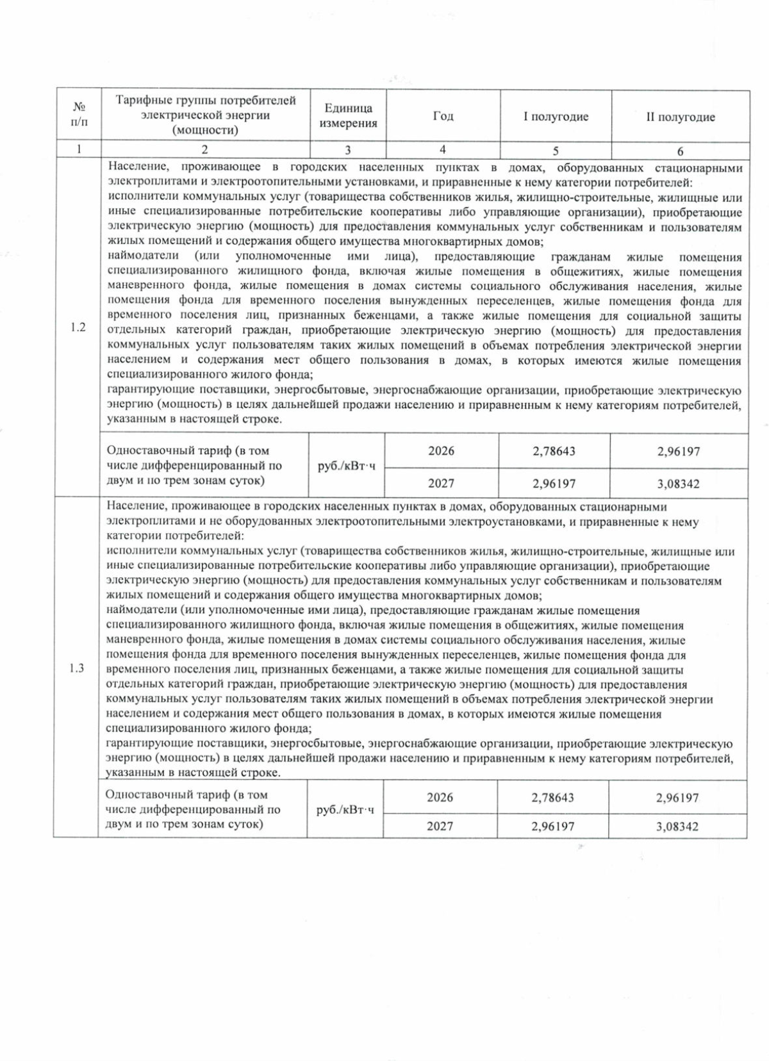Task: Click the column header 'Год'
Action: click(x=443, y=116)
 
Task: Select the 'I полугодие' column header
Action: click(x=556, y=117)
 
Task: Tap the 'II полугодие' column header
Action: click(x=680, y=117)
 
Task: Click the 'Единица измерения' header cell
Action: click(x=348, y=116)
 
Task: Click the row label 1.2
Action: click(x=78, y=327)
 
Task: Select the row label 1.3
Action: click(x=76, y=668)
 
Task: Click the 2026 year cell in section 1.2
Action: click(x=441, y=451)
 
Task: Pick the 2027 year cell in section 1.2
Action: click(x=441, y=484)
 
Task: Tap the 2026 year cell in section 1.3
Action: click(x=440, y=798)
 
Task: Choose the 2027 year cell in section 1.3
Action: click(x=440, y=827)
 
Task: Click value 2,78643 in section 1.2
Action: click(x=554, y=451)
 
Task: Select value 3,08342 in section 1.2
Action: click(x=678, y=484)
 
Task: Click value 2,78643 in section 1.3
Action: click(x=552, y=798)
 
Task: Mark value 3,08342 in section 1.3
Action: click(x=677, y=827)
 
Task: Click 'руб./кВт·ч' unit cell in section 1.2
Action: click(x=347, y=466)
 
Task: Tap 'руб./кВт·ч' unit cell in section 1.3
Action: click(x=345, y=810)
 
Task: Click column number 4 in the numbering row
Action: click(x=443, y=150)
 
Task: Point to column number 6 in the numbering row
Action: click(x=680, y=151)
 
